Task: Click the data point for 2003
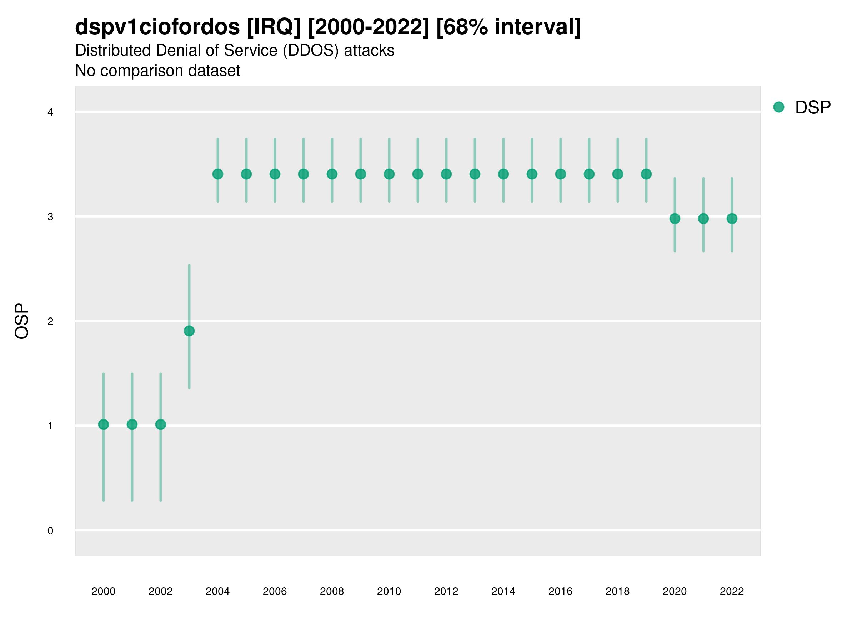click(189, 331)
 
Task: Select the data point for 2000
click(104, 424)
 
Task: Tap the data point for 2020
click(675, 219)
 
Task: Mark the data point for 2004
click(218, 174)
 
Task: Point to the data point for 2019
click(646, 174)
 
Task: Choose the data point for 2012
click(446, 174)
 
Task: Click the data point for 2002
click(160, 424)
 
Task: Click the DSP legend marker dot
click(778, 107)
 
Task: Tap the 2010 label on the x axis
click(389, 591)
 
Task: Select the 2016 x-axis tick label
click(560, 591)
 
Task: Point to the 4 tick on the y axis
click(50, 112)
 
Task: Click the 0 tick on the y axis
click(50, 531)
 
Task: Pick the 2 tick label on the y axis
click(50, 321)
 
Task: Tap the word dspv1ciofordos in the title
click(157, 27)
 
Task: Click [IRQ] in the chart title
click(274, 27)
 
